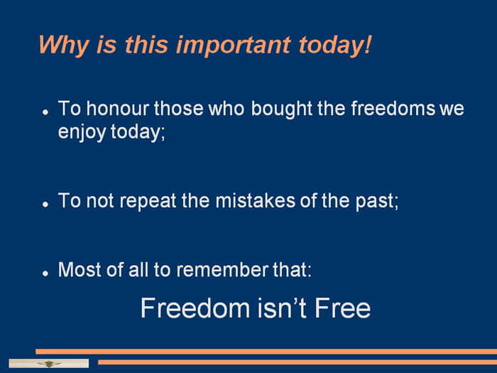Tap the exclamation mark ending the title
(368, 44)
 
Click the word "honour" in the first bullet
(118, 109)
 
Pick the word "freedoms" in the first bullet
(393, 109)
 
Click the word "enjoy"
(82, 132)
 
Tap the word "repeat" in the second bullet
(148, 202)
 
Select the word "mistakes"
(255, 201)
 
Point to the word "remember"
(222, 270)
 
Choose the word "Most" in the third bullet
(80, 270)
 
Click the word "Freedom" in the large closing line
(195, 308)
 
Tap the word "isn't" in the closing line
(282, 308)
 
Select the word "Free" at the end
(342, 308)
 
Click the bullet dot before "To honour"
(45, 112)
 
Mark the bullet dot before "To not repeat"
(45, 205)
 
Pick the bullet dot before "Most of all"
(45, 273)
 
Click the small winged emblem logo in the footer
(49, 364)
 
